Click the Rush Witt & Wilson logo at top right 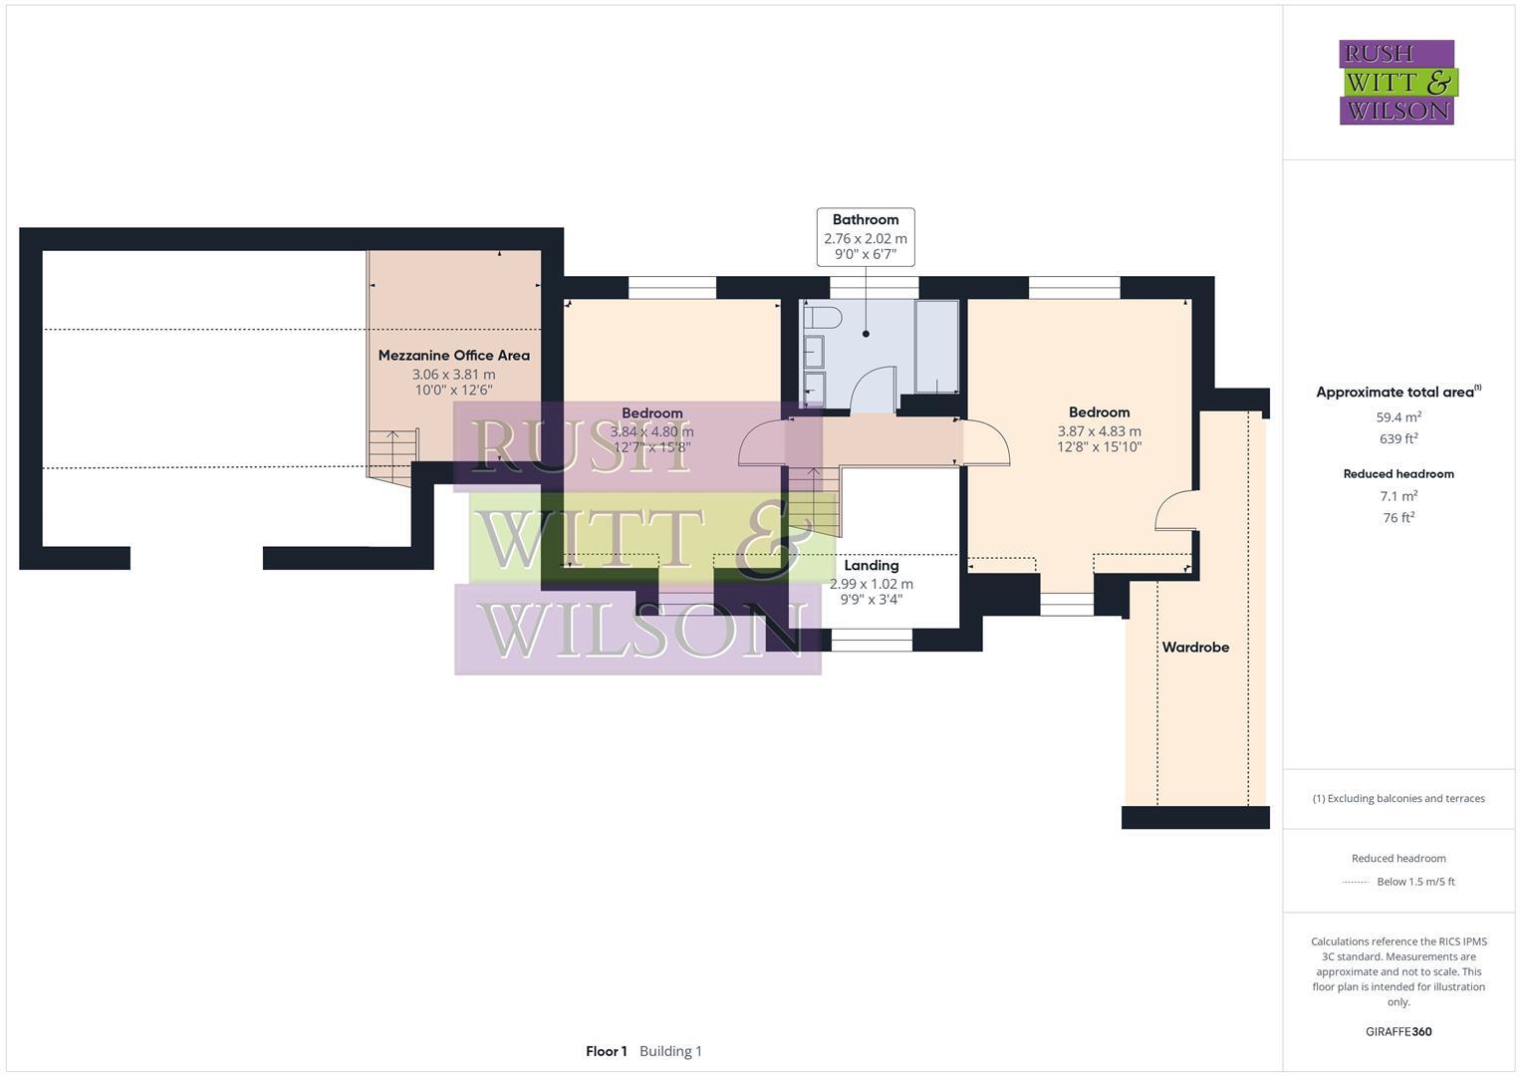click(x=1396, y=83)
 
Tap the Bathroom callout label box click(x=865, y=237)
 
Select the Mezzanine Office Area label click(x=453, y=356)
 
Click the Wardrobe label click(x=1195, y=648)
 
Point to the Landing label click(x=871, y=566)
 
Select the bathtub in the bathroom click(x=936, y=346)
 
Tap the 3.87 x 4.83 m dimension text click(x=1099, y=431)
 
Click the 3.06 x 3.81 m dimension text click(x=453, y=375)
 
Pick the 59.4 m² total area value click(x=1398, y=417)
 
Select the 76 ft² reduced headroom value click(x=1398, y=517)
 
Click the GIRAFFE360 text click(x=1398, y=1032)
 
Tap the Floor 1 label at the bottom click(x=606, y=1051)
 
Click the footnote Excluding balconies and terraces click(x=1398, y=798)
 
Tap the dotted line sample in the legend click(x=1356, y=882)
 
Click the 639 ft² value click(x=1398, y=439)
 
